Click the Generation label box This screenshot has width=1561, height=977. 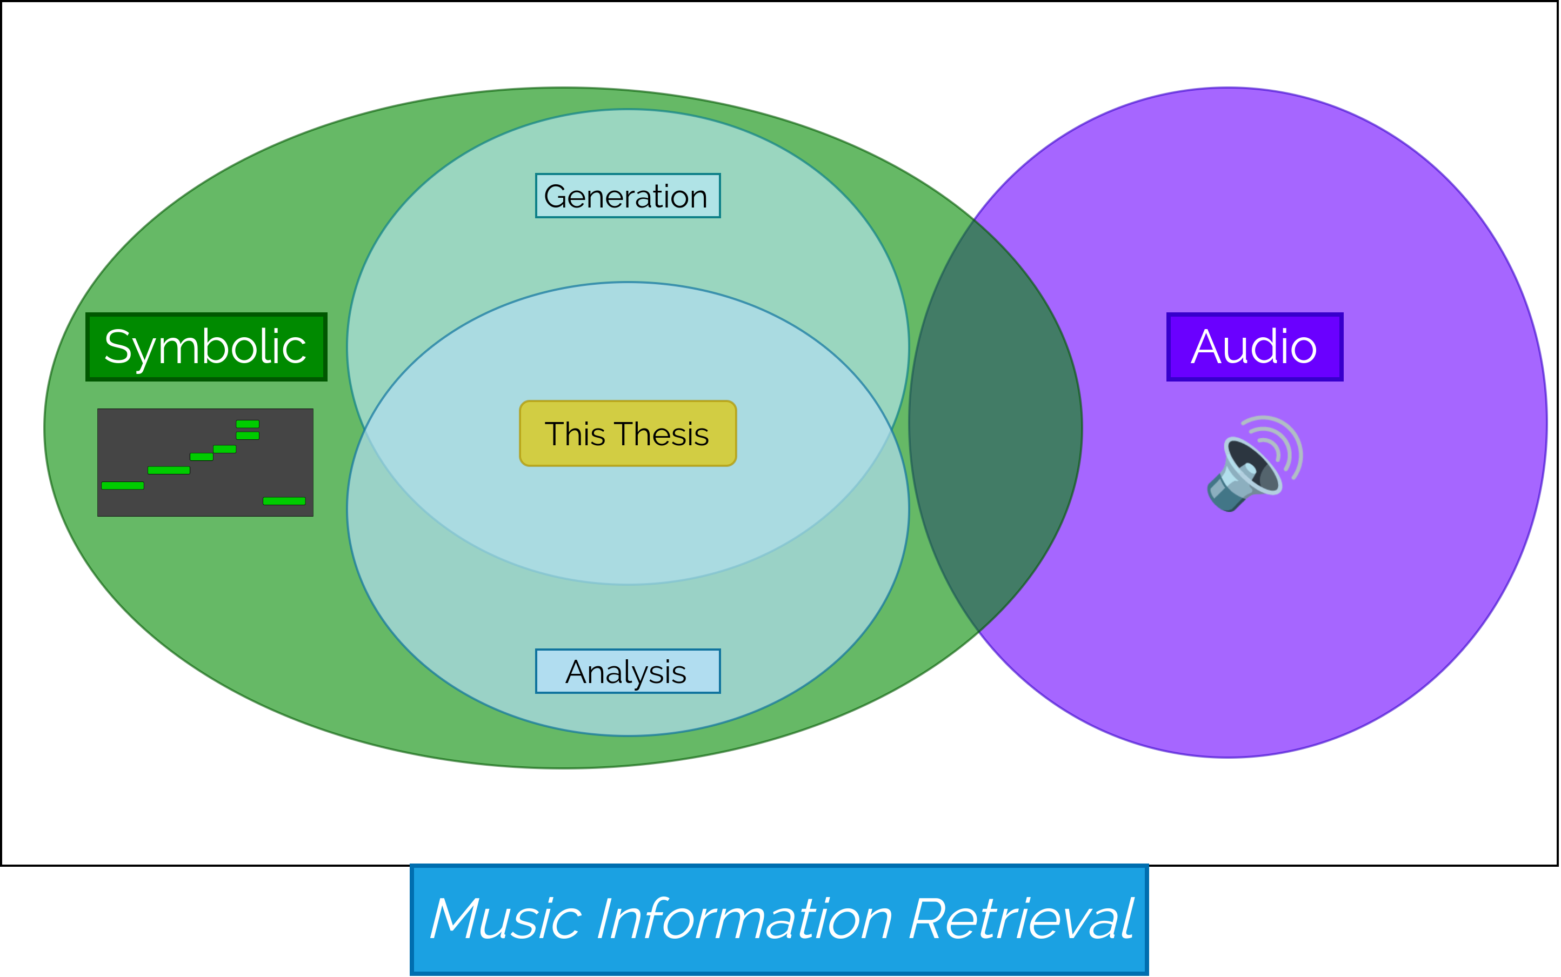(628, 196)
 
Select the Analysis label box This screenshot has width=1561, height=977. (628, 671)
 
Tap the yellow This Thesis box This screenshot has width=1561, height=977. (628, 433)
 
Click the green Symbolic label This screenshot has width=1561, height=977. (206, 347)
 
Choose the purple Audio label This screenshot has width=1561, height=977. (1255, 347)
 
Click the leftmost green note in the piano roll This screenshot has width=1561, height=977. (122, 485)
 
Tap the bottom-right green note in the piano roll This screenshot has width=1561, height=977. (284, 501)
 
